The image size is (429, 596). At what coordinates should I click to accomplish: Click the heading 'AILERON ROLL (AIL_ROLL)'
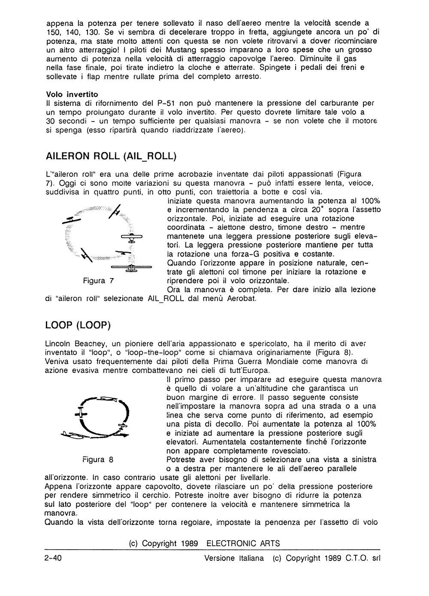coord(111,157)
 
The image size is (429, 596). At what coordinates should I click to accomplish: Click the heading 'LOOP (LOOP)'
coord(78,325)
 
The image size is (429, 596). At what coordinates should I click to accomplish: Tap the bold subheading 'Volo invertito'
coord(72,94)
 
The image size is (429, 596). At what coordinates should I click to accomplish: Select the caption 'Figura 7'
coord(100,281)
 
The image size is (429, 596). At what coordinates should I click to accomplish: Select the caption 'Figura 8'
coord(98,460)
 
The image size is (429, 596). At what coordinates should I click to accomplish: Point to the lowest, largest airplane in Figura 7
coord(130,268)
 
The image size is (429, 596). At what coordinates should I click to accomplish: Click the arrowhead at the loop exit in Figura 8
coord(124,435)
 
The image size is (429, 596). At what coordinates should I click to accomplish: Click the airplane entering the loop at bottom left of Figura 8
coord(73,435)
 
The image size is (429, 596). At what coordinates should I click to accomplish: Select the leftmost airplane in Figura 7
coord(72,219)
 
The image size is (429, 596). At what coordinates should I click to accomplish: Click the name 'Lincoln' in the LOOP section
coord(58,343)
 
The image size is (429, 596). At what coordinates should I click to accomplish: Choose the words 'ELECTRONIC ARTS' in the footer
coord(243,543)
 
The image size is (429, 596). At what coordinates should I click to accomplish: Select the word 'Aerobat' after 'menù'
coord(241,299)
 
